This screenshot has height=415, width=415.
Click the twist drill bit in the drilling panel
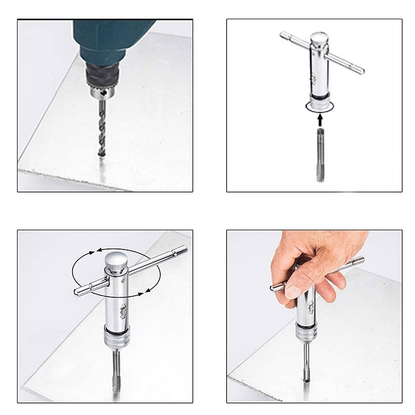[102, 127]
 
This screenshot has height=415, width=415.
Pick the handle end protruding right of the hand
[358, 261]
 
